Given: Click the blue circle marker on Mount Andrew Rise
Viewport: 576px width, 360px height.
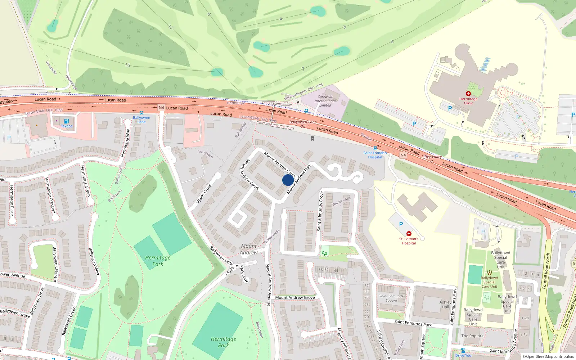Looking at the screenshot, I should (288, 180).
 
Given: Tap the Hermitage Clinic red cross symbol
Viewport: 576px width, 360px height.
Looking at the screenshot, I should (468, 94).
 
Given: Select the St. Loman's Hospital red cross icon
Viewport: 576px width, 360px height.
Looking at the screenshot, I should (409, 234).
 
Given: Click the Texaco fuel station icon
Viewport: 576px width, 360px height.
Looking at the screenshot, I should (66, 121).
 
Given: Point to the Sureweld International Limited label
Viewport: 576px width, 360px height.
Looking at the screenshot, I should (325, 101).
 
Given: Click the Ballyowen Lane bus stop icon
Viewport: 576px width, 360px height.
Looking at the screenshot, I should (141, 113).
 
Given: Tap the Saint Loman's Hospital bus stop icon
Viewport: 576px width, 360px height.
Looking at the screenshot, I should (375, 148).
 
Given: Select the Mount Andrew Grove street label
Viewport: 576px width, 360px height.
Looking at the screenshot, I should (295, 297).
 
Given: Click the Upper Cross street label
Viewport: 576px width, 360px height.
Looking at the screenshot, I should (203, 194).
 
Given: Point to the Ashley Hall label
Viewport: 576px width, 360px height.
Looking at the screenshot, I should (445, 305).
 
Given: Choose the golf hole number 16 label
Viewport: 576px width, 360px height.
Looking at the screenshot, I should (127, 65).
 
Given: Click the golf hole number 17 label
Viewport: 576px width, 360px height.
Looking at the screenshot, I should (170, 27).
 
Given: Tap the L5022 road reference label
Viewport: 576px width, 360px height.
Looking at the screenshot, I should (230, 271).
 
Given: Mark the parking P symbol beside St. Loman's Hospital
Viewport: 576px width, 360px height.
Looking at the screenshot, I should (401, 224).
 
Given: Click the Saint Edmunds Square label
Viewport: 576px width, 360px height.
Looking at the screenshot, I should (391, 298).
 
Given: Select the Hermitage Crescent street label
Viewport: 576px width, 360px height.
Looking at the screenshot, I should (50, 195).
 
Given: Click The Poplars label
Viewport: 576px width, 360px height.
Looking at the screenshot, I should (472, 336).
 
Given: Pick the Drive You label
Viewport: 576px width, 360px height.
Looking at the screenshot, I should (463, 355).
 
